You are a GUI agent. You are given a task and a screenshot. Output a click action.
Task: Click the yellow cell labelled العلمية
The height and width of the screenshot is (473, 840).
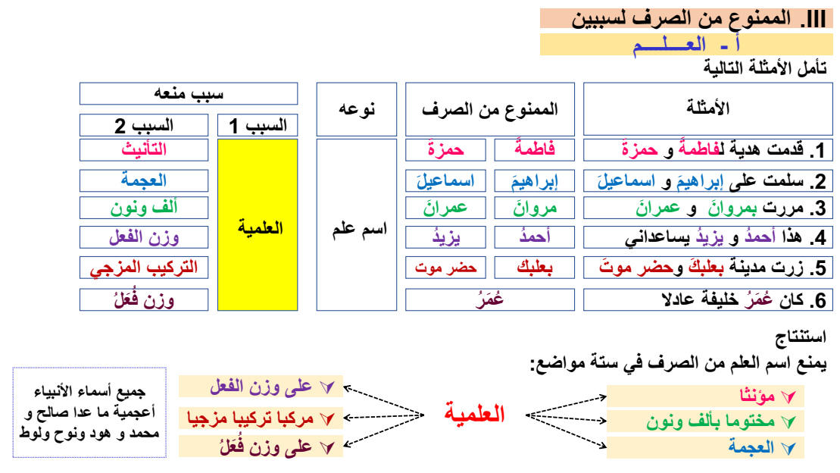coord(258,225)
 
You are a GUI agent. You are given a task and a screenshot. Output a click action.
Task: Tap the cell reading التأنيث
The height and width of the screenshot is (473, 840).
coord(144,150)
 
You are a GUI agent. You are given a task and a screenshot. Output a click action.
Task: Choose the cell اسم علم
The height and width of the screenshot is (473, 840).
coord(356,225)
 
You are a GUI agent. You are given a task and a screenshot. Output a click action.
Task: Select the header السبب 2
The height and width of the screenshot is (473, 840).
coord(144,125)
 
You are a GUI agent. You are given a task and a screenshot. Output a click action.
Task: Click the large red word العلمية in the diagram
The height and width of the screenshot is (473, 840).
coord(474,415)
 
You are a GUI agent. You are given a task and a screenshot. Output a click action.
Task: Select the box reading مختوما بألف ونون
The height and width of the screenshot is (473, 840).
coord(705,421)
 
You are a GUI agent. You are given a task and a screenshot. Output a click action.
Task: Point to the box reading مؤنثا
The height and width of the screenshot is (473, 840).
coord(705,396)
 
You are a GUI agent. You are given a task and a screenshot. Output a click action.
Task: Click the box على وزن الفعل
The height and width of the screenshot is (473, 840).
coord(261,387)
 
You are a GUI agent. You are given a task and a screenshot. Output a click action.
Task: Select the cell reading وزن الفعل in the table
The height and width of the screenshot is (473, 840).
coord(144,238)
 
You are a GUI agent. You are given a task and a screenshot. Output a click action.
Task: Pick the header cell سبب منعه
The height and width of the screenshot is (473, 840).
coord(189,94)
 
